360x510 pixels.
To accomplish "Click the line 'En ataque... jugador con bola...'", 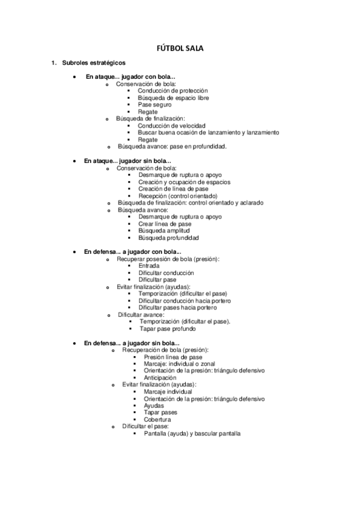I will coord(130,77).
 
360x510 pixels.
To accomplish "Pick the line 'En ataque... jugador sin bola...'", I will coord(127,161).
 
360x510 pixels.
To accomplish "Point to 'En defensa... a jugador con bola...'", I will coord(133,251).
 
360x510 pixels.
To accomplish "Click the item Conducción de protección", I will coord(172,91).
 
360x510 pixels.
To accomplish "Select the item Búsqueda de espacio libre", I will coord(173,97).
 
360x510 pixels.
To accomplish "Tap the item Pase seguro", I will coord(154,105).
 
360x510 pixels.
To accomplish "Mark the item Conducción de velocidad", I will coord(171,126).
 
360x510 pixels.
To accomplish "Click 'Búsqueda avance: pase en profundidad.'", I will coord(172,146).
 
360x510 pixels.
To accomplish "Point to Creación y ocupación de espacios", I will coord(184,182).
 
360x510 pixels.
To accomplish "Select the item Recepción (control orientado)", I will coord(177,195).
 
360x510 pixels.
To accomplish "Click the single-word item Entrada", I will coord(149,265).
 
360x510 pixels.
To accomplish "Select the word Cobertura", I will coord(157,419).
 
